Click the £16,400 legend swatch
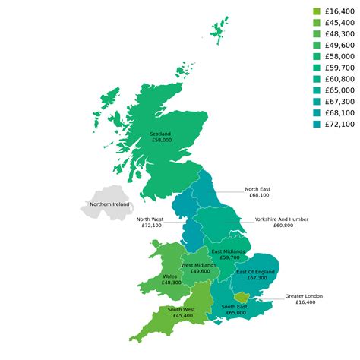(317, 11)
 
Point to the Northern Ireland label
(109, 204)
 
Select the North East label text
(257, 189)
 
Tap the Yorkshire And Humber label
(282, 219)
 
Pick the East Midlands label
(229, 251)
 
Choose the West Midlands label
(201, 265)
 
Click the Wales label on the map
(172, 276)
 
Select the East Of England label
(256, 272)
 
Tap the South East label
(235, 307)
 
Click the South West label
(181, 309)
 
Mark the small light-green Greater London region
(242, 296)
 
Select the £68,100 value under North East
(257, 195)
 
